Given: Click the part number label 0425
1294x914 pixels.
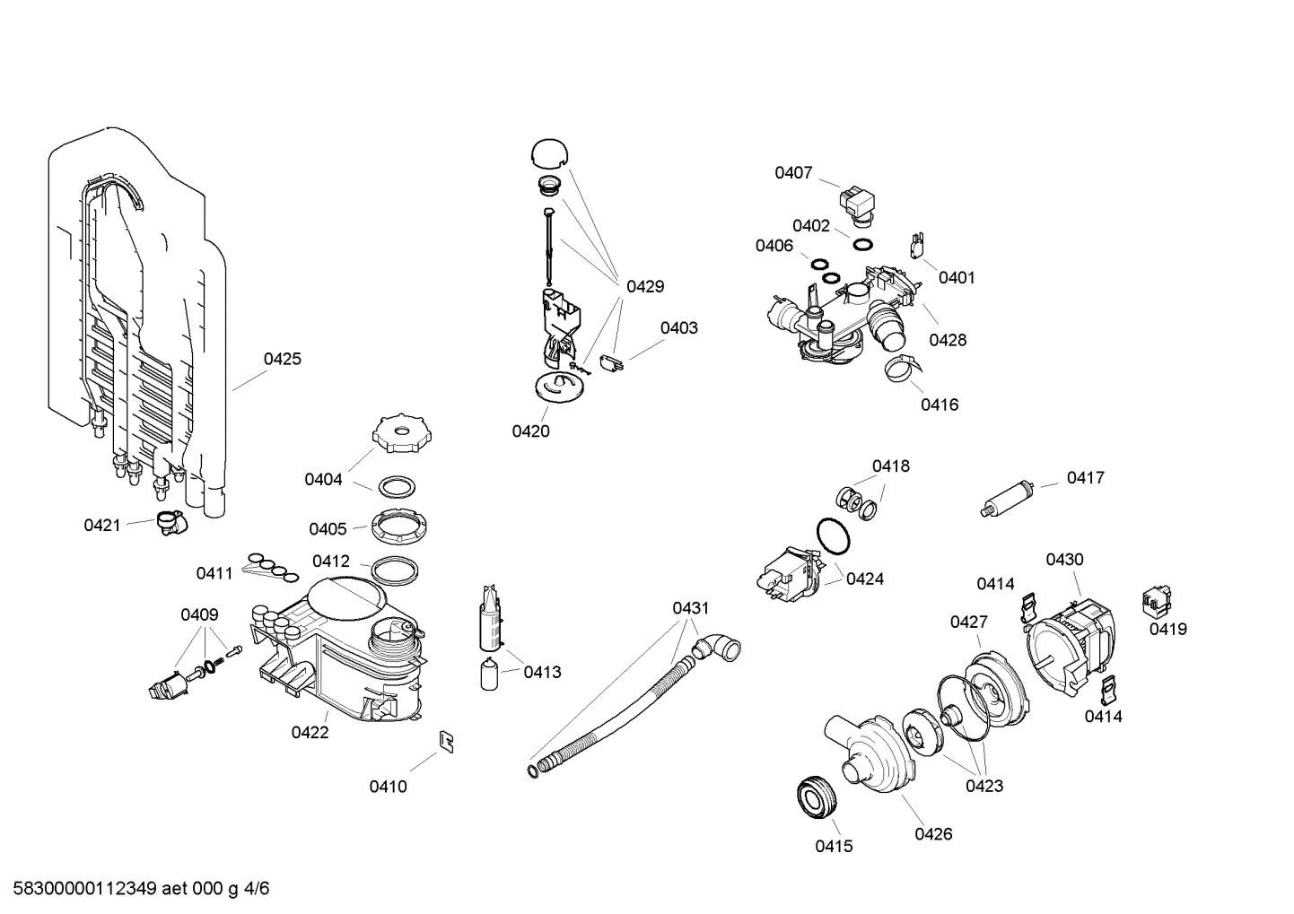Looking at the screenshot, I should [282, 360].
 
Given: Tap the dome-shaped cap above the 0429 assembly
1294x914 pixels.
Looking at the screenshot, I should [551, 153].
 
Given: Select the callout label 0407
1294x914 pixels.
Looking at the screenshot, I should [793, 173].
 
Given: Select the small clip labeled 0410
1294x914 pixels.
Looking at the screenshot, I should [445, 740].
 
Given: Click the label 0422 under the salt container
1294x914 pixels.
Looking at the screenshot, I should [310, 733].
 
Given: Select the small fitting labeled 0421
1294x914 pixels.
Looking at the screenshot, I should [168, 522].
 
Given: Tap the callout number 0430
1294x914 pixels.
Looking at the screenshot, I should [1064, 560].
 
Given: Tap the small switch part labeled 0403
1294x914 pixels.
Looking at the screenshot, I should [613, 363].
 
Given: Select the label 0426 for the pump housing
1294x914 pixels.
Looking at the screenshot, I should [933, 834].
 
